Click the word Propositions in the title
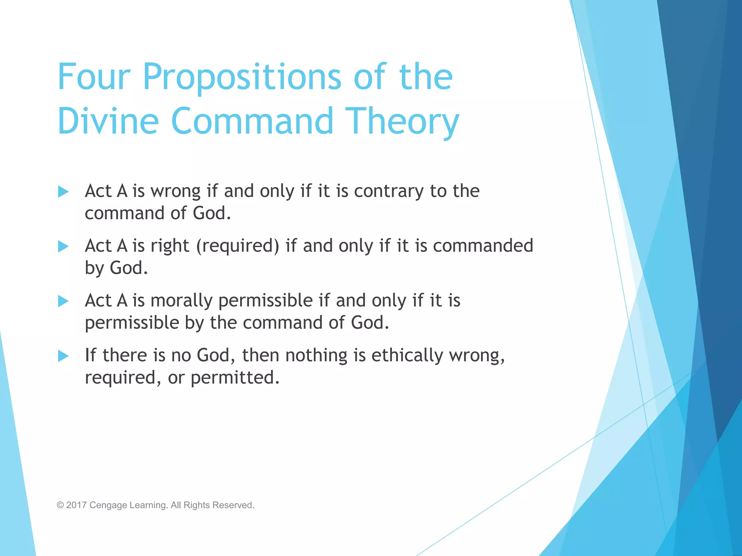pyautogui.click(x=242, y=78)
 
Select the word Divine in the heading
pyautogui.click(x=108, y=121)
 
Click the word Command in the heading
pyautogui.click(x=252, y=121)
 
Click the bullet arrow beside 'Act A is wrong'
pyautogui.click(x=63, y=191)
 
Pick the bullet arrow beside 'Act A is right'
pyautogui.click(x=63, y=247)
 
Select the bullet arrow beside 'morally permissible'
pyautogui.click(x=63, y=301)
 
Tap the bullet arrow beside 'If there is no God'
pyautogui.click(x=63, y=356)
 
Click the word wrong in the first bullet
pyautogui.click(x=175, y=191)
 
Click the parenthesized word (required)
pyautogui.click(x=238, y=247)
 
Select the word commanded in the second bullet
pyautogui.click(x=483, y=246)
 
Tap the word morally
pyautogui.click(x=182, y=301)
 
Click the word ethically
pyautogui.click(x=407, y=356)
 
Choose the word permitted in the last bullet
pyautogui.click(x=235, y=378)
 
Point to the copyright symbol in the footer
pyautogui.click(x=60, y=505)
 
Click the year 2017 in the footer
pyautogui.click(x=76, y=505)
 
